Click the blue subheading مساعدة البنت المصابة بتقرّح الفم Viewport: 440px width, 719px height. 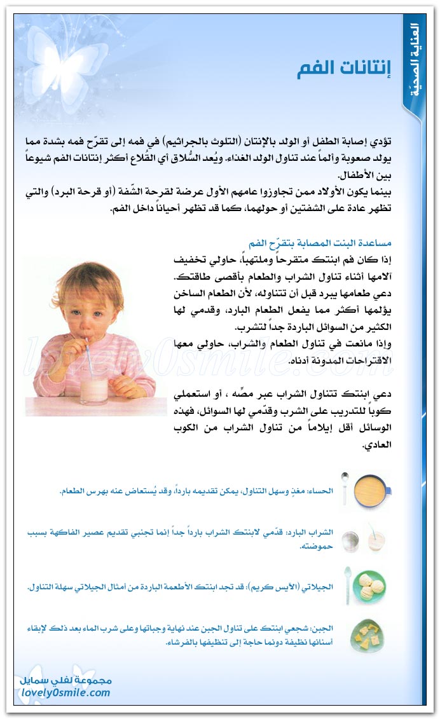point(320,244)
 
